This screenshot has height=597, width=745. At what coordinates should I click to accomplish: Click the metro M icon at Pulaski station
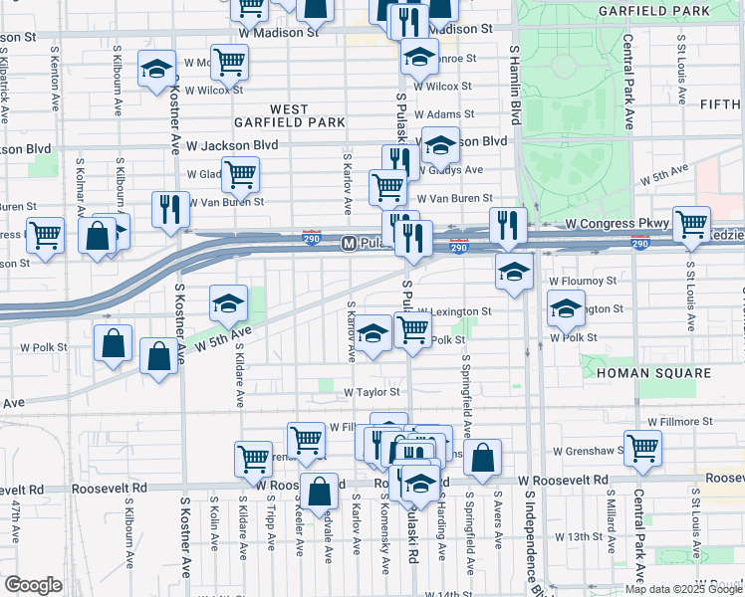coord(350,243)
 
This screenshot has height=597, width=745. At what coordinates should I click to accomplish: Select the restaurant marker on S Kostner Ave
coord(171,209)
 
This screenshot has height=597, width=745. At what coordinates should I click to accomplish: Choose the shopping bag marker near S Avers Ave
coord(482,457)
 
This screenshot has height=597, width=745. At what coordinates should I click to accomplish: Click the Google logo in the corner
coord(33,585)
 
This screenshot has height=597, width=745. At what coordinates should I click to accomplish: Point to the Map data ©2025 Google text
coord(683,589)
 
